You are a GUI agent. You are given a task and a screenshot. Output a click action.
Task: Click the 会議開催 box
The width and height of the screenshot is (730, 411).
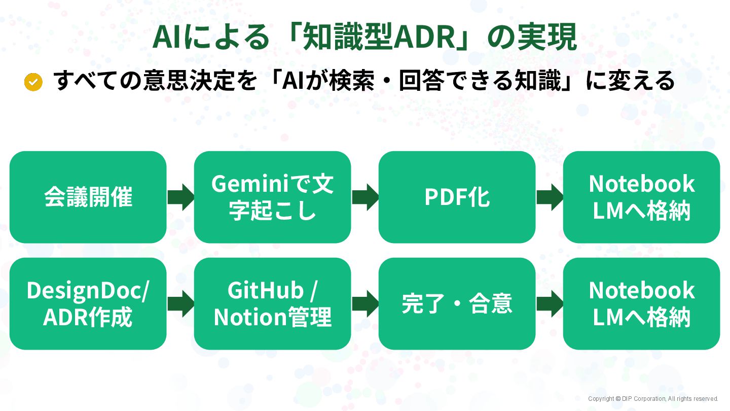(x=88, y=197)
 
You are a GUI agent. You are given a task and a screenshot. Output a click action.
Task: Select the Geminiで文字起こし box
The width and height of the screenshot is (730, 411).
(x=272, y=197)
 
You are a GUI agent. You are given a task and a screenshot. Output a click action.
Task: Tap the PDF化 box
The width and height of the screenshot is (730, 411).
(x=457, y=197)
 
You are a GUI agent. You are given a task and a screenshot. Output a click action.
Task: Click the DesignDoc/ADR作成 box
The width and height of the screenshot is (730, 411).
(x=88, y=303)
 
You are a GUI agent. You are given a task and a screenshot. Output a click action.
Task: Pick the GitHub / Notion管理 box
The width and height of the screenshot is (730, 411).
(x=272, y=303)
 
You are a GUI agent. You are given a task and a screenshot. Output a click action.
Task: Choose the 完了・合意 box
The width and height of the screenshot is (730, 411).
(x=457, y=303)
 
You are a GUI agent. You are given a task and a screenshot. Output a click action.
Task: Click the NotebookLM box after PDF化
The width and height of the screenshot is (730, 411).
(x=641, y=197)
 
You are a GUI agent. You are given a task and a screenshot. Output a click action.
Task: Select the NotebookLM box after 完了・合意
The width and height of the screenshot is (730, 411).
(x=641, y=303)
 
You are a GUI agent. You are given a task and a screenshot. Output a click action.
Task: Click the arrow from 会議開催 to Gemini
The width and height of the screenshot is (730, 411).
(x=180, y=197)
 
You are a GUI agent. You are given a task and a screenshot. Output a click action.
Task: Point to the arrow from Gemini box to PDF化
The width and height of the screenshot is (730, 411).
(x=365, y=197)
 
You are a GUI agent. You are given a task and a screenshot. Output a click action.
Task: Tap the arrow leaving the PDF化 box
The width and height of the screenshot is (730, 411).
(x=550, y=197)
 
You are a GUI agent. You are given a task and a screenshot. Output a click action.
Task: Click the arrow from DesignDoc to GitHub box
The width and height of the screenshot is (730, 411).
(x=180, y=303)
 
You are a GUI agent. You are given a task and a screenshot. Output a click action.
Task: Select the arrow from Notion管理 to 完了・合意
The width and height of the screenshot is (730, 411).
(x=365, y=303)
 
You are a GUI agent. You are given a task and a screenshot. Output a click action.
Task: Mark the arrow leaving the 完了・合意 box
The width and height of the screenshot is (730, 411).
(x=550, y=303)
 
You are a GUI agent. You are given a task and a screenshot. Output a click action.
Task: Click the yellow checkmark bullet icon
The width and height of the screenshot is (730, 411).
(x=33, y=82)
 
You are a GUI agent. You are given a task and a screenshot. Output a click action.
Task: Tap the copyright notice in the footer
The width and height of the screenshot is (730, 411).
(x=653, y=399)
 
